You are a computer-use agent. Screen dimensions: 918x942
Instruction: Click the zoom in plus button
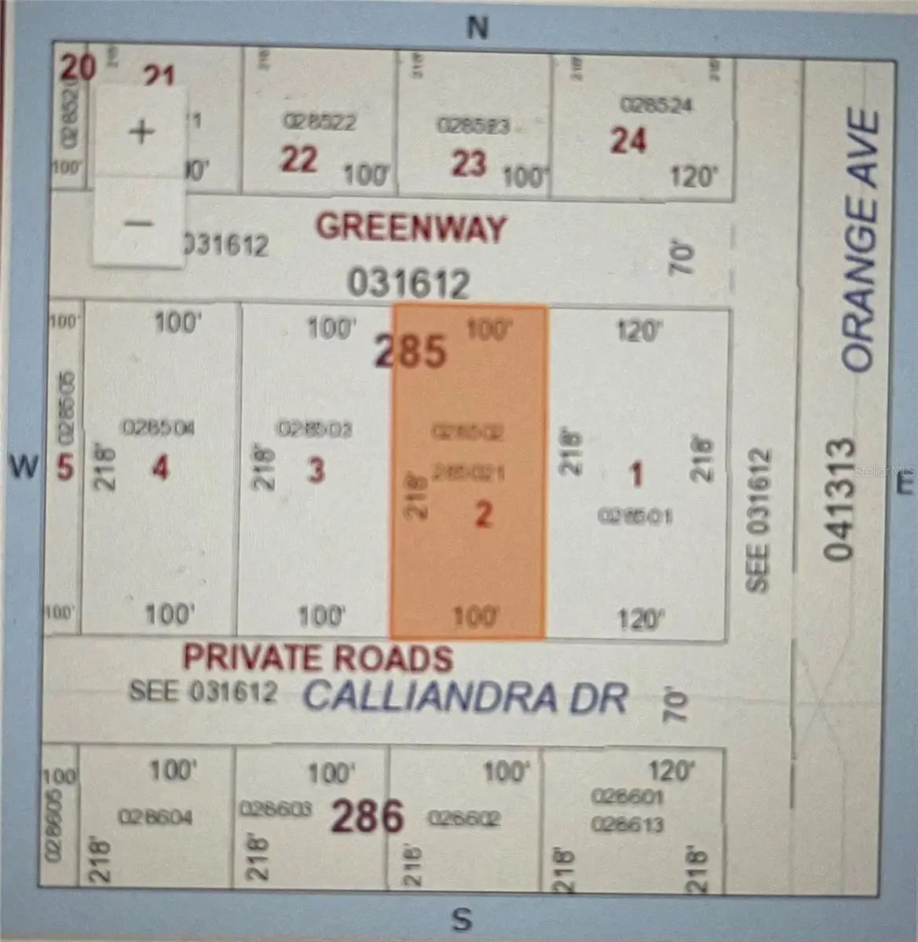pyautogui.click(x=141, y=131)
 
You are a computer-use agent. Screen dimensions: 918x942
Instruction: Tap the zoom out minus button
pyautogui.click(x=140, y=223)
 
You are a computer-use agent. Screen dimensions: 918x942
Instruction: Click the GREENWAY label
pyautogui.click(x=411, y=228)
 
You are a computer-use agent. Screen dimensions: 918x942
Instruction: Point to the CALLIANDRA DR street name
pyautogui.click(x=466, y=696)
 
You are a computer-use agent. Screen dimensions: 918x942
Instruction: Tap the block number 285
pyautogui.click(x=411, y=351)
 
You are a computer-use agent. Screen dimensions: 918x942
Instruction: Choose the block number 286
pyautogui.click(x=367, y=816)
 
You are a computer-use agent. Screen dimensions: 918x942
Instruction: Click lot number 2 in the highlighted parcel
pyautogui.click(x=483, y=514)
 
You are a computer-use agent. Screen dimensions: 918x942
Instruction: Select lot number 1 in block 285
pyautogui.click(x=636, y=473)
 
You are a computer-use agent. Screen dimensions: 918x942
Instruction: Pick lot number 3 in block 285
pyautogui.click(x=316, y=470)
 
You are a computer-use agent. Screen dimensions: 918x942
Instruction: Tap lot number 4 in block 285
pyautogui.click(x=160, y=469)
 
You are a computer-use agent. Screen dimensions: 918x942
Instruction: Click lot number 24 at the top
pyautogui.click(x=628, y=141)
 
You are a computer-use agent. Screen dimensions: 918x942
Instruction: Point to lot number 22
pyautogui.click(x=299, y=159)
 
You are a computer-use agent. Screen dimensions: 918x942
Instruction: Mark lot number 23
pyautogui.click(x=469, y=163)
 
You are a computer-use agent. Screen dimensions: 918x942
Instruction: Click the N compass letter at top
pyautogui.click(x=477, y=28)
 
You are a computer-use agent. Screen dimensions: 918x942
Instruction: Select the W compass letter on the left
pyautogui.click(x=24, y=467)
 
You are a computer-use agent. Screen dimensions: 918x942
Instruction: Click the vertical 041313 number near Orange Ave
pyautogui.click(x=839, y=498)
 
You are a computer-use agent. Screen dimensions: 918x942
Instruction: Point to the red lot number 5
pyautogui.click(x=65, y=469)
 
